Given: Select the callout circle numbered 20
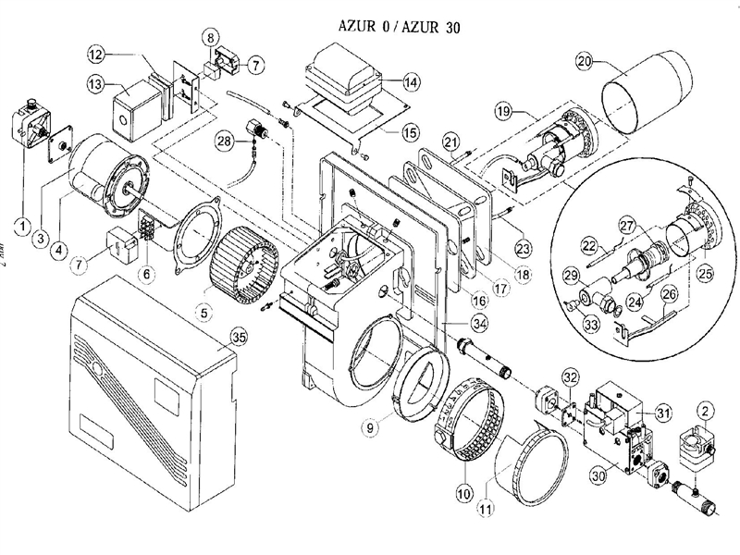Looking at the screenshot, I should tap(583, 62).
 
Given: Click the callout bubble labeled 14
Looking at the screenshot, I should tap(411, 82).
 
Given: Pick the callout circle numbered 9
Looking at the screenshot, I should tap(370, 428).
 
